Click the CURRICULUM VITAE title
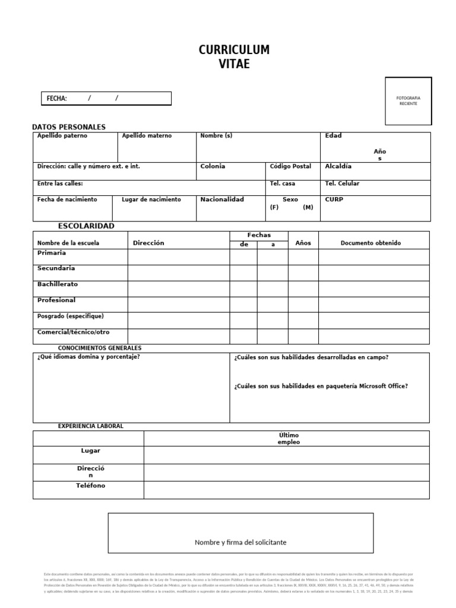(234, 57)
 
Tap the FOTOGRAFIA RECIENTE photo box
(408, 101)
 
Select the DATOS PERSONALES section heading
(68, 127)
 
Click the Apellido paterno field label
(62, 136)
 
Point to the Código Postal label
(290, 167)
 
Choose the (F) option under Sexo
(274, 207)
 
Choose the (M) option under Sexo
(308, 207)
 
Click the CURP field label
(334, 199)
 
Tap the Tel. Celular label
(342, 183)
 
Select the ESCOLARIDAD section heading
(86, 226)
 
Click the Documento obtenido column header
(370, 243)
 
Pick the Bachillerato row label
(58, 284)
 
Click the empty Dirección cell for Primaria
(178, 256)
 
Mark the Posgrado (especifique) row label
(70, 316)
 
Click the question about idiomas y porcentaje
(88, 357)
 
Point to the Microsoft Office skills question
(321, 386)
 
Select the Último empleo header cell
(289, 438)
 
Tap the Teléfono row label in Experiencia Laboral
(90, 486)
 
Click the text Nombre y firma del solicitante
(240, 542)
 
